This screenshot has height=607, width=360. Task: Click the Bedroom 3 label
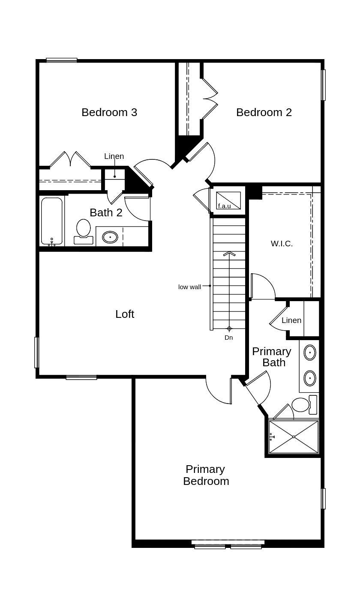(109, 112)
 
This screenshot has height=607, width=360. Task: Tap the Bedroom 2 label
(264, 112)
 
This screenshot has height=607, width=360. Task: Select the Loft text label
(125, 314)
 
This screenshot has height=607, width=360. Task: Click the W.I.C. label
(282, 244)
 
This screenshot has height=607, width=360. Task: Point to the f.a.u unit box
(228, 200)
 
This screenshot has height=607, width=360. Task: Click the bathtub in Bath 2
(52, 221)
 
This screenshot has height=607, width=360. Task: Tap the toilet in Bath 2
(84, 232)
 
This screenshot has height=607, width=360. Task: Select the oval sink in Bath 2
(110, 237)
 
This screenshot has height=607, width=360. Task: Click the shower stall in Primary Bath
(294, 437)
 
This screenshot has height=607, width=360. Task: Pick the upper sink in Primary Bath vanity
(309, 353)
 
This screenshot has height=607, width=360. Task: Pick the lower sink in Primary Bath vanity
(309, 378)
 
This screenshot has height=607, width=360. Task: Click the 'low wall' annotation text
(189, 287)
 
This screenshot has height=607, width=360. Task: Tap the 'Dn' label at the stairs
(229, 338)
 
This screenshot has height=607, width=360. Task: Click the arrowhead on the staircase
(229, 254)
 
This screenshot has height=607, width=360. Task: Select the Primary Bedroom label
(206, 475)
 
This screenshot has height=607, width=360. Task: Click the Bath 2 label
(106, 212)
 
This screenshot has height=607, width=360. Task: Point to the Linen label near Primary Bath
(291, 320)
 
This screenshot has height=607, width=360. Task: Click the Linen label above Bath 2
(114, 156)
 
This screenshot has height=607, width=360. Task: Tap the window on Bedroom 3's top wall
(62, 60)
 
